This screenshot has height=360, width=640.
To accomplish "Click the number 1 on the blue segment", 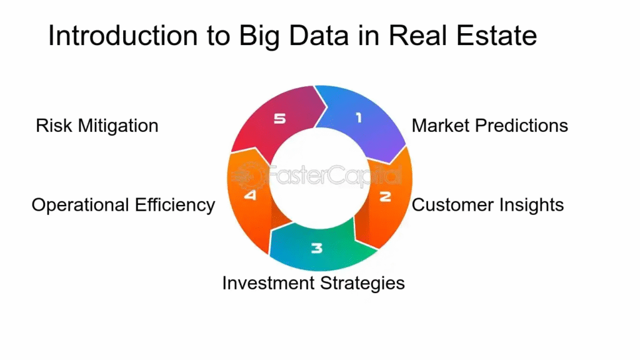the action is [x=359, y=118].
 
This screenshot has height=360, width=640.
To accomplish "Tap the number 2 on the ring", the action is [x=385, y=197].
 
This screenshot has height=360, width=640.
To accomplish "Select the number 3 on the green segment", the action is [x=317, y=248].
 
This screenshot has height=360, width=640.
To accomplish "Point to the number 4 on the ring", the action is [x=250, y=195].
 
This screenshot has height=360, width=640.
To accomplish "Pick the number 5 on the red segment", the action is [x=279, y=119].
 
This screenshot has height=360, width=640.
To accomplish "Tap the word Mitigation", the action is [x=118, y=126].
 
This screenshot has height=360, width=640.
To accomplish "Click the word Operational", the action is [x=81, y=206].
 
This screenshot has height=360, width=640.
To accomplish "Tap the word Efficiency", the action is [x=175, y=206].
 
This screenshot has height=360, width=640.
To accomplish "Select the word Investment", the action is [x=268, y=283].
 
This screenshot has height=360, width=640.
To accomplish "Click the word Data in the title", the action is [x=319, y=36].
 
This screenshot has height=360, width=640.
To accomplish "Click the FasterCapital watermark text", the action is [x=316, y=176].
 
